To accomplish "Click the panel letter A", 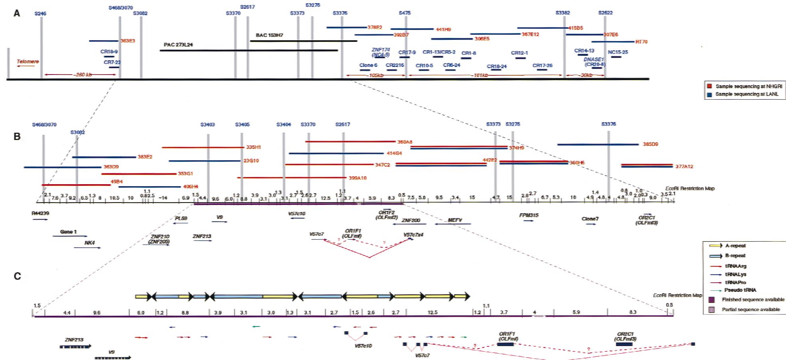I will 17,14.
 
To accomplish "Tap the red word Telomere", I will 28,62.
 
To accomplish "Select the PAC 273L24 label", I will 178,45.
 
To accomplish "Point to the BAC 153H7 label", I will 270,35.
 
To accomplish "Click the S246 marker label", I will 40,14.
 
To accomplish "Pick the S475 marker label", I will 405,13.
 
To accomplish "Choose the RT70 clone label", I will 642,41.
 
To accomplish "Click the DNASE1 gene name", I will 594,59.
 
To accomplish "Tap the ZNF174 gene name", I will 380,50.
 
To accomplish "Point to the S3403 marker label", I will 207,125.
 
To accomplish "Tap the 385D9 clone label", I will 650,144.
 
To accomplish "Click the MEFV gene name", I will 455,220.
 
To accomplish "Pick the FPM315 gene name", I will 529,215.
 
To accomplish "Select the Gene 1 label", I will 68,232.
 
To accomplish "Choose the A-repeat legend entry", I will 735,246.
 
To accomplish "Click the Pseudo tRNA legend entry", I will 741,290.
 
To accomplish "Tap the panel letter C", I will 17,276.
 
